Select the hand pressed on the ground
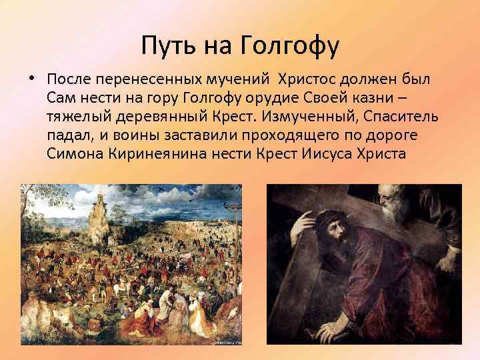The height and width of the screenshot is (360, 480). (333, 330)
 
